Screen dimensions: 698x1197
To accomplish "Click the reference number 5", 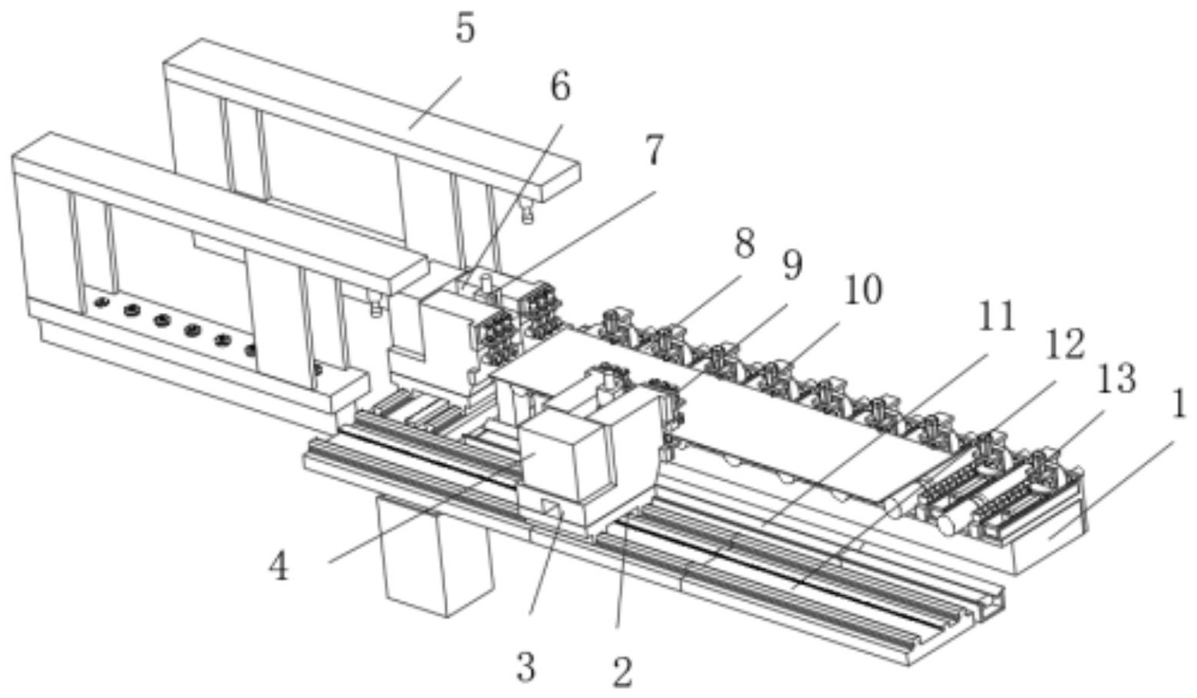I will pyautogui.click(x=465, y=29).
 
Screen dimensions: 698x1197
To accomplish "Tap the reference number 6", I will pyautogui.click(x=560, y=87).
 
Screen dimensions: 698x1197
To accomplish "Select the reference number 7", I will pyautogui.click(x=653, y=150).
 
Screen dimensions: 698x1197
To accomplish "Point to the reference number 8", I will pyautogui.click(x=744, y=245).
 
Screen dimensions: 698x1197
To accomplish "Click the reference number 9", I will pyautogui.click(x=792, y=265).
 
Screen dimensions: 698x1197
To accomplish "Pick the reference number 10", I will pyautogui.click(x=862, y=291).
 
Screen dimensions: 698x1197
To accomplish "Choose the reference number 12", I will pyautogui.click(x=1063, y=344).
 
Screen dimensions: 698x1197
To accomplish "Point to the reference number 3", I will pyautogui.click(x=525, y=667).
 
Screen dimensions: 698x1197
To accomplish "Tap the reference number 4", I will pyautogui.click(x=278, y=568).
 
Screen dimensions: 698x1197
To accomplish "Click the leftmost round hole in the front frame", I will pyautogui.click(x=99, y=302).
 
